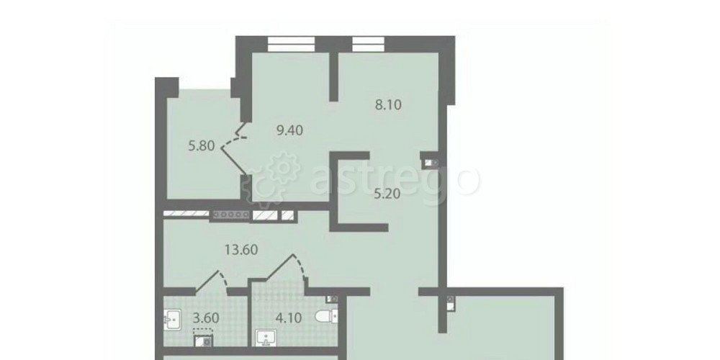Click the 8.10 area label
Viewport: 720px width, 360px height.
tap(388, 104)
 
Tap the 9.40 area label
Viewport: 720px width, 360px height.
tap(289, 130)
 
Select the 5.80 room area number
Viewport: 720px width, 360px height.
tap(202, 146)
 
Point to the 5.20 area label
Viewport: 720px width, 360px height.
tap(387, 194)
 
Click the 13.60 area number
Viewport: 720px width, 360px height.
tap(241, 250)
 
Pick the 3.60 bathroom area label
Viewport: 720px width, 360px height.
tap(206, 318)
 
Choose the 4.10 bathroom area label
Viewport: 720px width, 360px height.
tap(289, 318)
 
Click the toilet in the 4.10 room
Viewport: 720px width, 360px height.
tap(326, 316)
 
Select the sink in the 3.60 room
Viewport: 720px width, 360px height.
tap(173, 319)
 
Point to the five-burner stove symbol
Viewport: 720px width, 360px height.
tap(230, 215)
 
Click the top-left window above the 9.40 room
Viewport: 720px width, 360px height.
tap(291, 44)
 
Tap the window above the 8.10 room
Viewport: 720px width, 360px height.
tap(368, 44)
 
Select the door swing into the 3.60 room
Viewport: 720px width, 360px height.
tap(212, 281)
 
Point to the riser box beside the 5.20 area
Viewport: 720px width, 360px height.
tap(429, 162)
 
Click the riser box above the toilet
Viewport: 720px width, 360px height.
tap(332, 300)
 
